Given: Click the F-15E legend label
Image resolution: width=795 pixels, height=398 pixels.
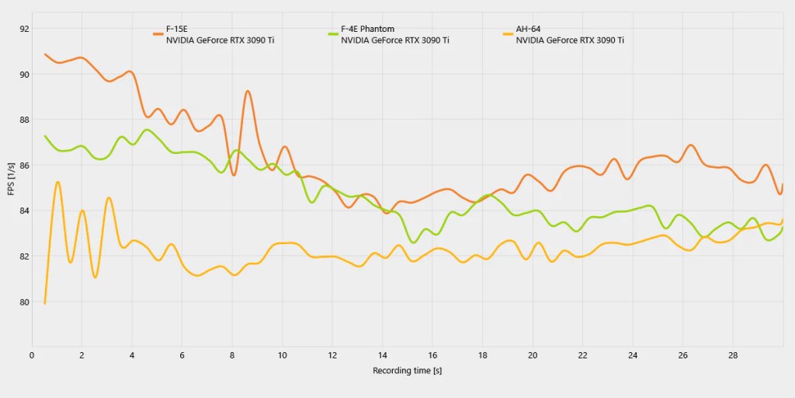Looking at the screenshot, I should click(x=177, y=29).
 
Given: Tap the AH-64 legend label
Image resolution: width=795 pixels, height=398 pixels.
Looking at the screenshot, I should click(x=529, y=29).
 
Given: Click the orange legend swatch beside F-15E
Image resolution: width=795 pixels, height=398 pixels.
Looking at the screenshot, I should click(x=158, y=34).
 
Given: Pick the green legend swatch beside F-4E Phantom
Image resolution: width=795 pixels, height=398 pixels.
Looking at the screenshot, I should click(x=334, y=34).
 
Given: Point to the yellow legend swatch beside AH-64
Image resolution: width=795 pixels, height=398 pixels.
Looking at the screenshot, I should click(x=509, y=34).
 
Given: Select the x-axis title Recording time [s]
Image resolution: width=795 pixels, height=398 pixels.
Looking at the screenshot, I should click(x=407, y=371).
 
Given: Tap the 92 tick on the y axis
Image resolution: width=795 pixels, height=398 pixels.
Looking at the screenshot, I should click(x=24, y=29).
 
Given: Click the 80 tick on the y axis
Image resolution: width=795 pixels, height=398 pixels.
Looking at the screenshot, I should click(x=24, y=302).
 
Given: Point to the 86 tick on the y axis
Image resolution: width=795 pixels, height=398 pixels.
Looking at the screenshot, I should click(x=24, y=166).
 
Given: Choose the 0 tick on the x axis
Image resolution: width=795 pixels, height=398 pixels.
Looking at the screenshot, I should click(x=32, y=355).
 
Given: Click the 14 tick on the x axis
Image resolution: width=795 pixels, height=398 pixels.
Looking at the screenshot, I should click(x=382, y=355).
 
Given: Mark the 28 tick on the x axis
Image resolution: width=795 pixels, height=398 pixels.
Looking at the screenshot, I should click(x=732, y=355).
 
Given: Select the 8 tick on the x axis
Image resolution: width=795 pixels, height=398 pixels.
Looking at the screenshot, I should click(x=232, y=355).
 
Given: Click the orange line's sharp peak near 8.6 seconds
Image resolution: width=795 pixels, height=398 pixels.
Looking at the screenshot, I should click(x=248, y=91).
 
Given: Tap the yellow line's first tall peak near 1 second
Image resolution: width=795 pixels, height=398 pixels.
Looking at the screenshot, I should click(x=57, y=182).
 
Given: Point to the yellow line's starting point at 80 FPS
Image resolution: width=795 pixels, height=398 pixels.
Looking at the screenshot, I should click(x=45, y=303).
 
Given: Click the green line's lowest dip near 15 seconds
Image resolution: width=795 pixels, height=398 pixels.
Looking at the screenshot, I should click(x=414, y=243).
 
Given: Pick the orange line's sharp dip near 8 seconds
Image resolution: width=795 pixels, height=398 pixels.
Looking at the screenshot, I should click(x=234, y=175).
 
